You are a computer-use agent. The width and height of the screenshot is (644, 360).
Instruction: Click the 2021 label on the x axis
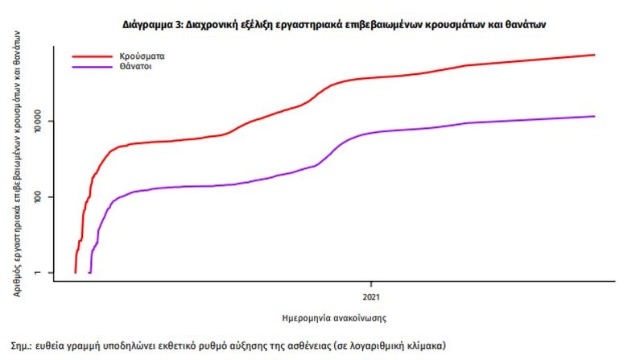tap(371, 286)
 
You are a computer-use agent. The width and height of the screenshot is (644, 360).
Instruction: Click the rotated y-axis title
tap(17, 159)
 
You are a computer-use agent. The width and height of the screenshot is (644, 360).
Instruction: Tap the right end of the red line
tap(594, 55)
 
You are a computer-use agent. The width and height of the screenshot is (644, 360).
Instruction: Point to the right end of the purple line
tap(594, 116)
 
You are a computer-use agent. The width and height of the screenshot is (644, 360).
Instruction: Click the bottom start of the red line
tap(75, 272)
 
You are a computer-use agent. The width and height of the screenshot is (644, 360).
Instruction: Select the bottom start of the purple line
tap(89, 272)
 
